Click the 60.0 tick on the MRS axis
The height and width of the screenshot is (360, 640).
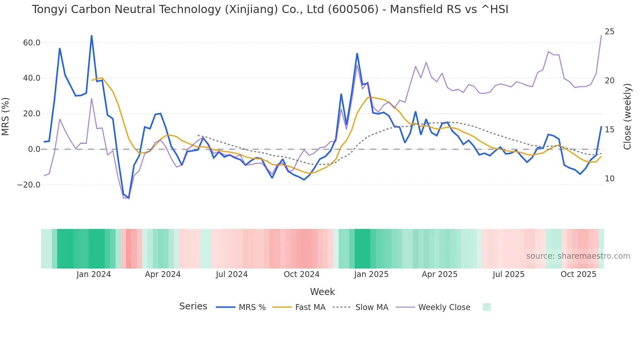pyautogui.click(x=32, y=43)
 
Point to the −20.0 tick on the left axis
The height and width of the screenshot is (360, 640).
pyautogui.click(x=29, y=185)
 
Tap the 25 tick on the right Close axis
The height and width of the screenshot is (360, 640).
pyautogui.click(x=609, y=32)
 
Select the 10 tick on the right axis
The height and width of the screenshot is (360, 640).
pyautogui.click(x=609, y=179)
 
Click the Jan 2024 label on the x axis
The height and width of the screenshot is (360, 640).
pyautogui.click(x=94, y=274)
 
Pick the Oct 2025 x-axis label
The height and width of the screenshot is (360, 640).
pyautogui.click(x=578, y=274)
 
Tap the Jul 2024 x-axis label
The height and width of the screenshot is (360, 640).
pyautogui.click(x=232, y=274)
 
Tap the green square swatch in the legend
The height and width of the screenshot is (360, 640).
pyautogui.click(x=487, y=307)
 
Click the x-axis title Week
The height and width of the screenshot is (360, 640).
pyautogui.click(x=322, y=292)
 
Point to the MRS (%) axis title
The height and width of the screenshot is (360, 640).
pyautogui.click(x=6, y=117)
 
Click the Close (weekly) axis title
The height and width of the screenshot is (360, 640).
pyautogui.click(x=627, y=117)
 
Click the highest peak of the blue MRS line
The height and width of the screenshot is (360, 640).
pyautogui.click(x=91, y=36)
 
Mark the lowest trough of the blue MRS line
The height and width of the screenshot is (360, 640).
pyautogui.click(x=129, y=198)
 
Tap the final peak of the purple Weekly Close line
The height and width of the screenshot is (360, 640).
pyautogui.click(x=601, y=36)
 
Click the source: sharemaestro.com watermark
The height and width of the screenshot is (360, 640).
pyautogui.click(x=578, y=256)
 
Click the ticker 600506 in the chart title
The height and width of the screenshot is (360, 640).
pyautogui.click(x=353, y=9)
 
